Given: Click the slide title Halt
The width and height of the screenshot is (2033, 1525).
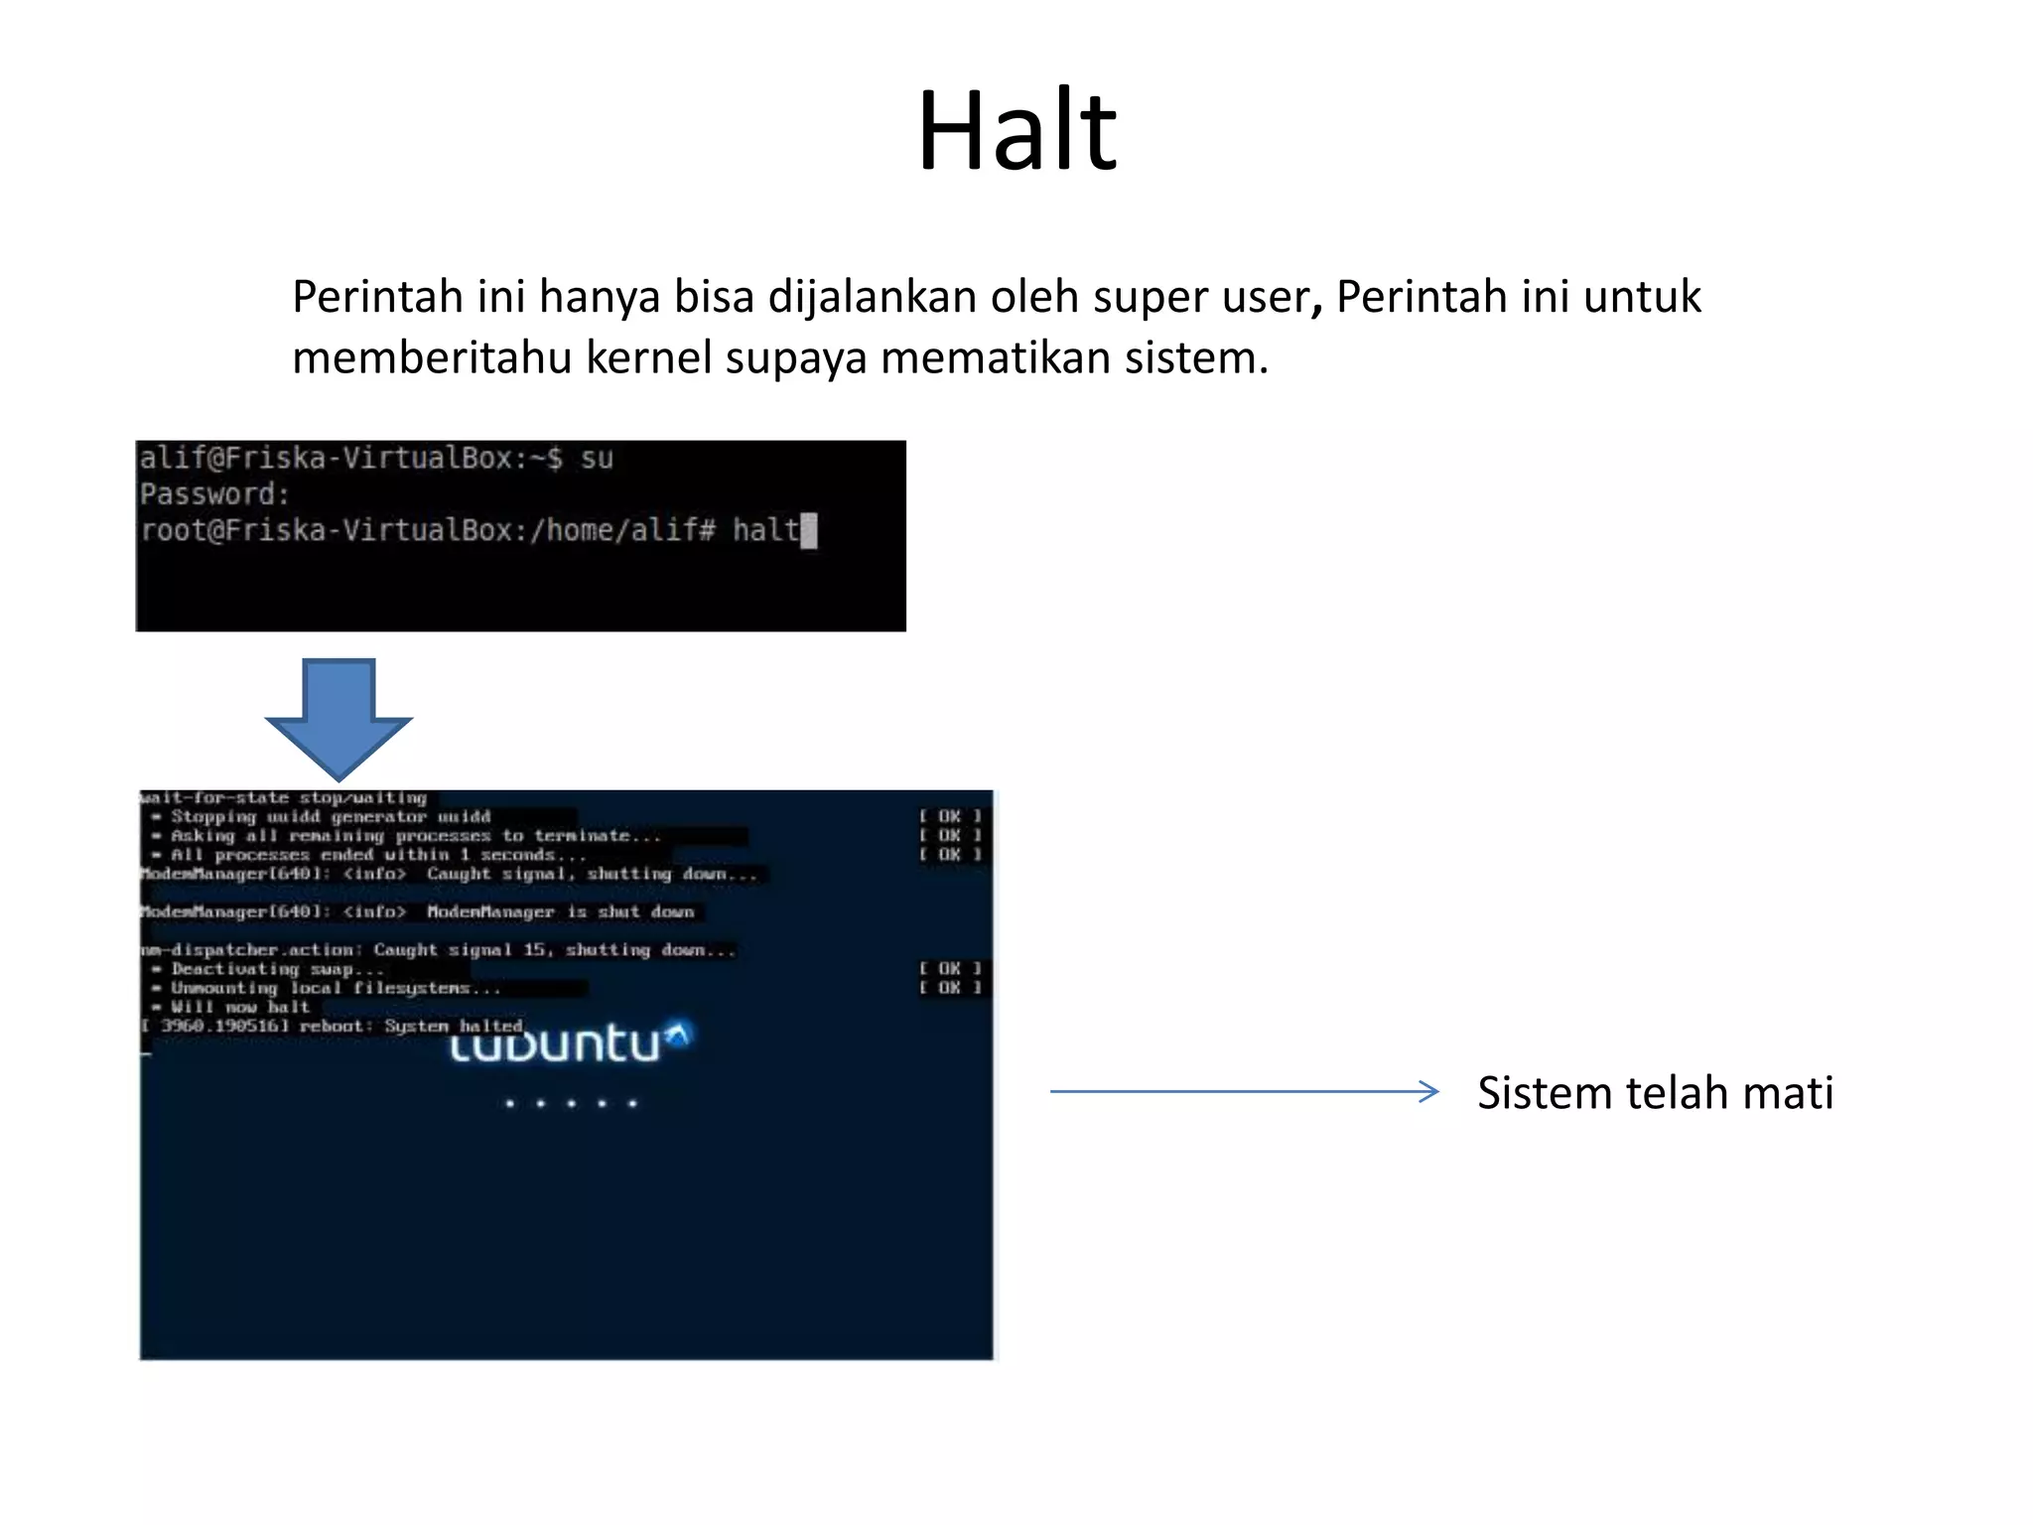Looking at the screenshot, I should (x=1016, y=131).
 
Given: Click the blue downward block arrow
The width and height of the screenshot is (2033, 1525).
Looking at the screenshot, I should (x=339, y=718).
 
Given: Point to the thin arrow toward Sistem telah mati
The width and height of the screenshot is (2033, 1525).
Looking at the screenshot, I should (x=1244, y=1091).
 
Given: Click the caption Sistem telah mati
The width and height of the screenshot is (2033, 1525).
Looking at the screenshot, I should (x=1655, y=1093).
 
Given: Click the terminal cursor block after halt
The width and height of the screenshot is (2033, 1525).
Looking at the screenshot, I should (x=809, y=531).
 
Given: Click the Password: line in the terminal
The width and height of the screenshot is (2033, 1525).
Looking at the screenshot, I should (x=214, y=494).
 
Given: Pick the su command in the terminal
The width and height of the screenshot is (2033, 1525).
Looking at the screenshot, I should (x=597, y=459).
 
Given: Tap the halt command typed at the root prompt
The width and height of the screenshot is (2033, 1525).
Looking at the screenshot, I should (x=765, y=530).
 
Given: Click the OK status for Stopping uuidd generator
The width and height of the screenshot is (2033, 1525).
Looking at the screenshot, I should (x=950, y=816).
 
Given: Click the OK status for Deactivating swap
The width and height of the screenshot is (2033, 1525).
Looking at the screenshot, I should (x=950, y=968).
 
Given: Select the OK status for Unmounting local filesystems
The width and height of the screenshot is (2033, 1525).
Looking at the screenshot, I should (x=950, y=987).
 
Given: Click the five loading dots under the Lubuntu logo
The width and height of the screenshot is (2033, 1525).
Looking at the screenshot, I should (x=571, y=1103).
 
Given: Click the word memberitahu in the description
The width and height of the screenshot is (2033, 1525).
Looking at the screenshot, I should (x=432, y=358).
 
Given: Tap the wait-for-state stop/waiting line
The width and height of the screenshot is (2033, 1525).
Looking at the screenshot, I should (x=284, y=797).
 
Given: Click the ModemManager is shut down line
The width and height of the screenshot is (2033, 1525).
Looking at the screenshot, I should (x=417, y=911).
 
